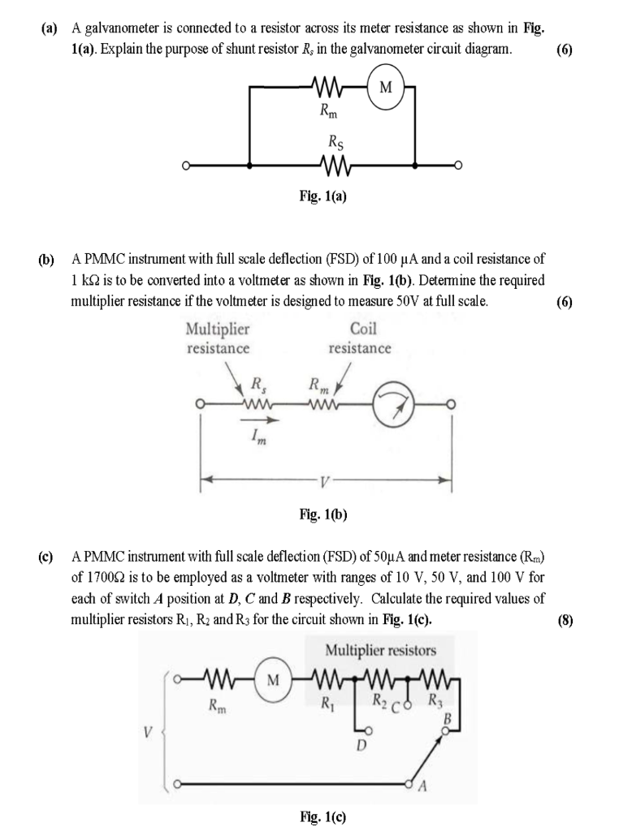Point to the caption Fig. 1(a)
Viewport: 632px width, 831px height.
[x=322, y=196]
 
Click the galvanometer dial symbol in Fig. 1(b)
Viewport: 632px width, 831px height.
[x=393, y=403]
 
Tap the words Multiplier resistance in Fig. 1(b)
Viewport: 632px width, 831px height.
[x=218, y=339]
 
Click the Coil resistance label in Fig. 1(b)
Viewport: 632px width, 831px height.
[x=360, y=339]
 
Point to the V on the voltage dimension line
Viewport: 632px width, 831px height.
[x=325, y=481]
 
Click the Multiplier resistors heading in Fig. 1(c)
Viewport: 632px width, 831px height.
[x=380, y=650]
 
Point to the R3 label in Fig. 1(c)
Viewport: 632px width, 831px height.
[x=436, y=700]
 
